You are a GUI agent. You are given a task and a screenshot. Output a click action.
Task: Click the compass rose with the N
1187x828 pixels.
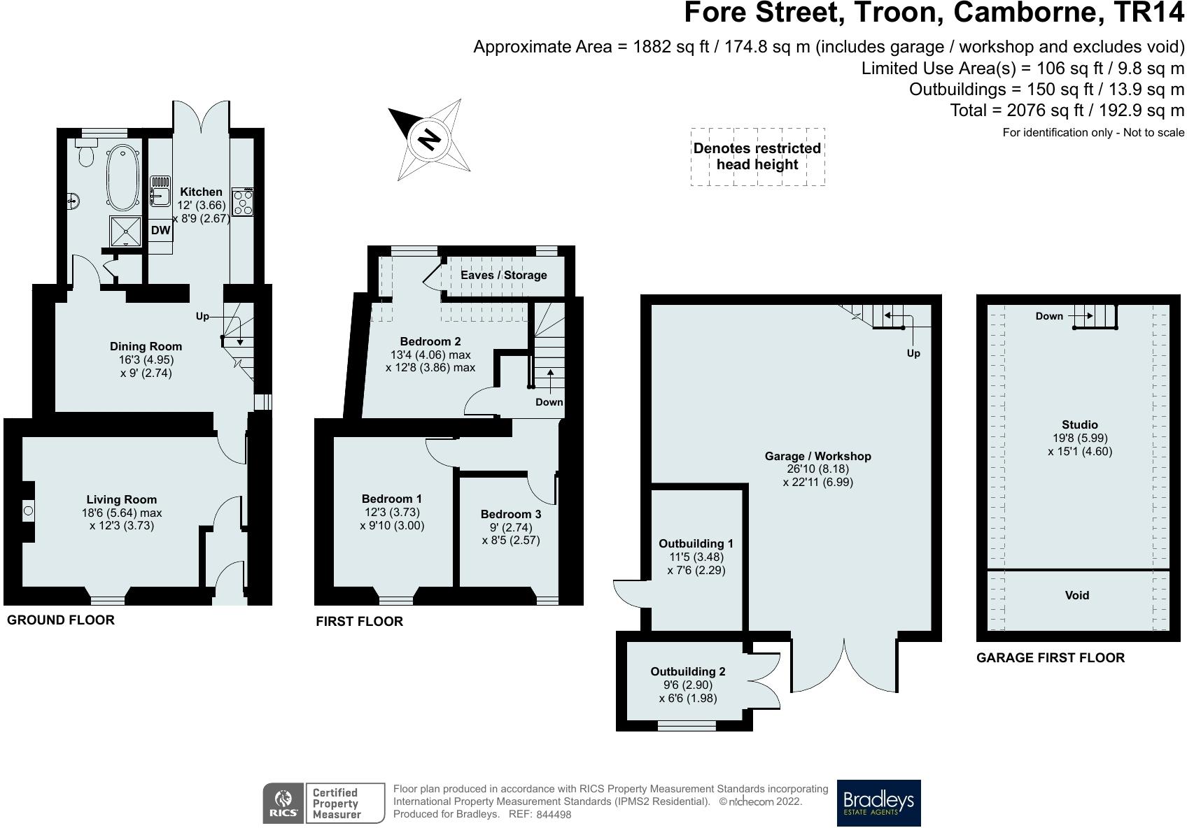pyautogui.click(x=429, y=140)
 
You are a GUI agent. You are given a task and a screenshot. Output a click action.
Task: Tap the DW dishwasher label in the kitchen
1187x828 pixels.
pyautogui.click(x=160, y=230)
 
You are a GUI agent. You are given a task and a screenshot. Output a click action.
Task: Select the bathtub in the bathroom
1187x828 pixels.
pyautogui.click(x=123, y=177)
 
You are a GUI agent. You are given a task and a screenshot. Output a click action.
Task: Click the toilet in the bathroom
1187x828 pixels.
pyautogui.click(x=86, y=152)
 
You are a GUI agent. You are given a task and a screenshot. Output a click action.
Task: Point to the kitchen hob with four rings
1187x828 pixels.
pyautogui.click(x=243, y=201)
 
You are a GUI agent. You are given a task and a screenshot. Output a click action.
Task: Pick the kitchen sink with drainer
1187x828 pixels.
pyautogui.click(x=160, y=191)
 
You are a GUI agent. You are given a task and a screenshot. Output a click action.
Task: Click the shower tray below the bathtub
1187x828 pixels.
pyautogui.click(x=125, y=231)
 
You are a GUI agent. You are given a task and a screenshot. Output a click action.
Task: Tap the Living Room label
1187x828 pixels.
pyautogui.click(x=121, y=499)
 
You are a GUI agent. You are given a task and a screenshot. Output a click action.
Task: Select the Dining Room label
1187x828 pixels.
pyautogui.click(x=146, y=346)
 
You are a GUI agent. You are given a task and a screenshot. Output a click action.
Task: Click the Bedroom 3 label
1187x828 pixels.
pyautogui.click(x=511, y=514)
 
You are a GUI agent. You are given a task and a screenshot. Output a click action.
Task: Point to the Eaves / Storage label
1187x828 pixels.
pyautogui.click(x=503, y=275)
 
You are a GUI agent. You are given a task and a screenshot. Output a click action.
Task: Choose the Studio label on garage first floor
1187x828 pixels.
pyautogui.click(x=1079, y=424)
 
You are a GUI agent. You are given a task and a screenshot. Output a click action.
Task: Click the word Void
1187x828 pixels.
pyautogui.click(x=1077, y=595)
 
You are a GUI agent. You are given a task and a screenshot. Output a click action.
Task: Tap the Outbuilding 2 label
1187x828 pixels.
pyautogui.click(x=688, y=671)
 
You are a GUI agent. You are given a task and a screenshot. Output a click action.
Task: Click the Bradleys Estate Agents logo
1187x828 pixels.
pyautogui.click(x=878, y=803)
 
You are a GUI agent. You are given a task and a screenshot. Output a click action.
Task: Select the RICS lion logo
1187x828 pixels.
pyautogui.click(x=283, y=803)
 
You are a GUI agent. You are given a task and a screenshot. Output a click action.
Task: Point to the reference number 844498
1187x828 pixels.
pyautogui.click(x=554, y=815)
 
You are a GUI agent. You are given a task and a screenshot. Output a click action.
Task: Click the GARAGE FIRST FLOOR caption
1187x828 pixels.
pyautogui.click(x=1051, y=657)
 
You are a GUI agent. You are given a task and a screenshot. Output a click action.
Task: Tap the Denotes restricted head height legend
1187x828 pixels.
pyautogui.click(x=757, y=156)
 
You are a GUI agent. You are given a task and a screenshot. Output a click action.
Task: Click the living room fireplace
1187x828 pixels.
pyautogui.click(x=28, y=511)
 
